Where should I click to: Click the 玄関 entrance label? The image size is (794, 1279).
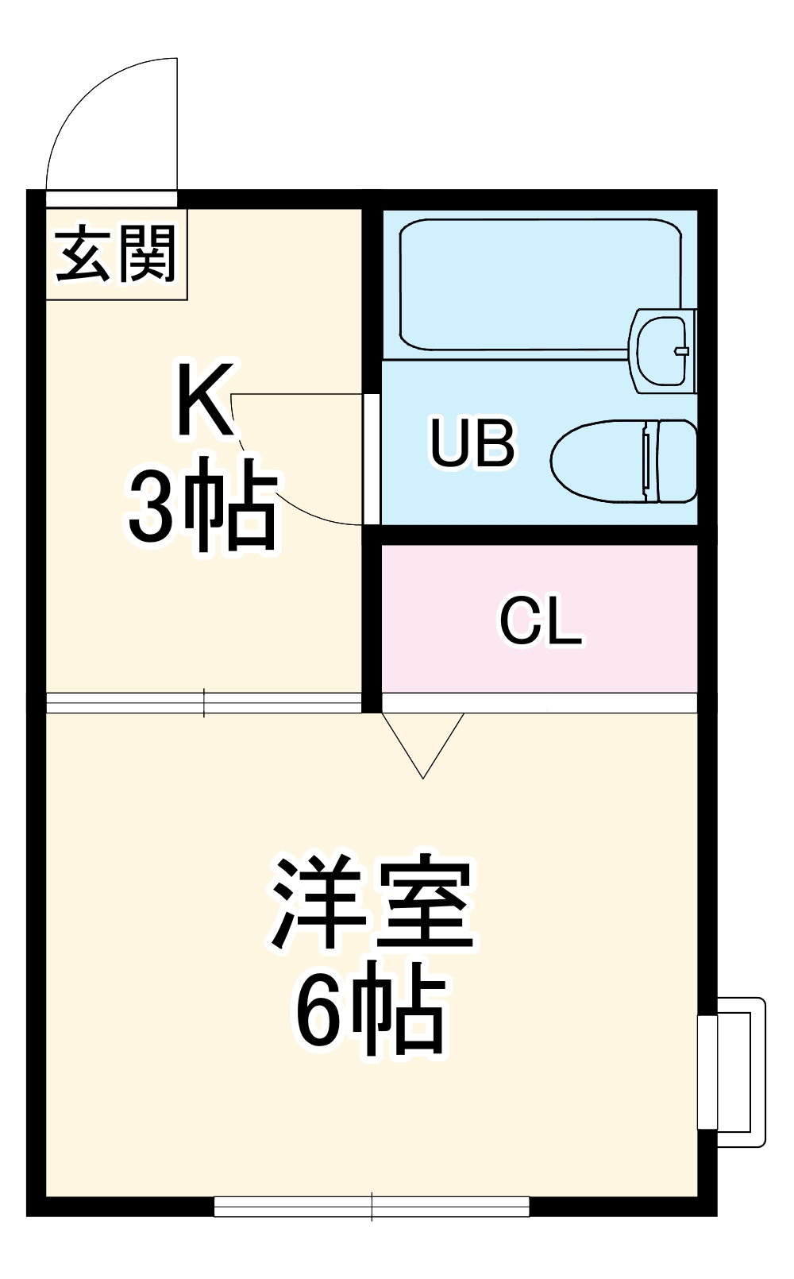[x=116, y=253]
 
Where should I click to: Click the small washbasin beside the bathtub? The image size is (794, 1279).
[x=661, y=349]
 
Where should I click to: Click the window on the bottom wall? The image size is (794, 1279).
[x=372, y=1207]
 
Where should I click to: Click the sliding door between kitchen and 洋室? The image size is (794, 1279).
[x=204, y=703]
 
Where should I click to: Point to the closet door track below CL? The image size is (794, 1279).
[x=540, y=702]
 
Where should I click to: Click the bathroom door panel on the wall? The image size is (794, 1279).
[x=371, y=458]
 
